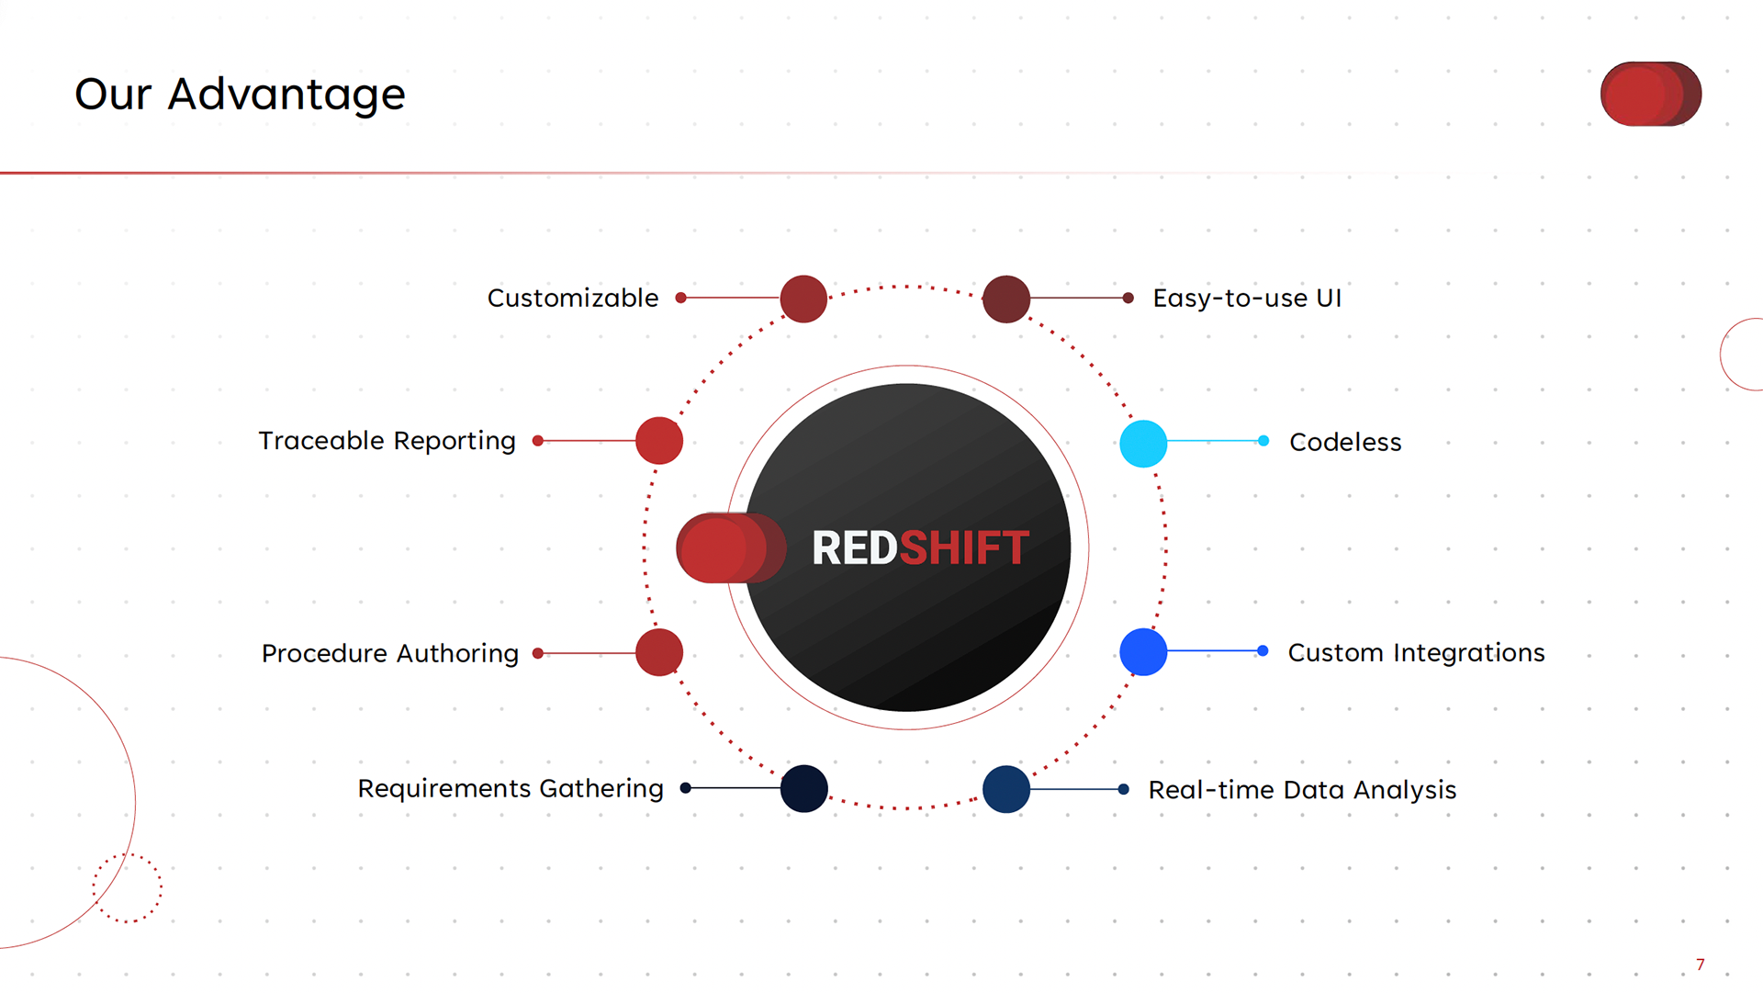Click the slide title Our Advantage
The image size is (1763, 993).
tap(240, 95)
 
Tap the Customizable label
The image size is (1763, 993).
tap(572, 299)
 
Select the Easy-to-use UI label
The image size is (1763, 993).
tap(1247, 299)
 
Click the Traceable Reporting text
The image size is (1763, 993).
tap(387, 441)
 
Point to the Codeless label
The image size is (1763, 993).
tap(1345, 442)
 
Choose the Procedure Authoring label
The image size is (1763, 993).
tap(389, 653)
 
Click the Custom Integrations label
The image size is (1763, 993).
tap(1416, 652)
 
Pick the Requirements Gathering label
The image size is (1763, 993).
tap(510, 788)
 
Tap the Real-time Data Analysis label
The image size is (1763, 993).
tap(1302, 790)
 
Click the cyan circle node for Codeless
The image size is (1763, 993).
tap(1143, 444)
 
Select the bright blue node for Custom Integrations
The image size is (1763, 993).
tap(1143, 652)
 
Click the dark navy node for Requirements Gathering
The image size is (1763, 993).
tap(804, 788)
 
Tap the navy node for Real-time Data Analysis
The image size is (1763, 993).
tap(1006, 789)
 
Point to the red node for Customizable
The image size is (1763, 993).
tap(803, 299)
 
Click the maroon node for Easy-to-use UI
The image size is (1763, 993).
tap(1006, 299)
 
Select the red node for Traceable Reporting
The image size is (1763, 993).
tap(659, 441)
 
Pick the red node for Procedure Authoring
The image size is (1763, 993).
tap(659, 652)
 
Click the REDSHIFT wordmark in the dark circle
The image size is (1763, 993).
tap(920, 548)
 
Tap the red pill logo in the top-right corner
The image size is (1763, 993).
tap(1650, 94)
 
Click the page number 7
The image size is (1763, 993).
tap(1701, 965)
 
